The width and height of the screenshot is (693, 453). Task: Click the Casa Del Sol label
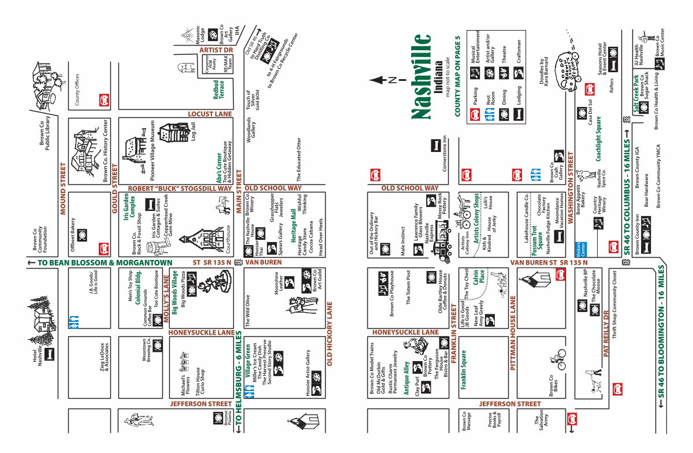click(x=590, y=112)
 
